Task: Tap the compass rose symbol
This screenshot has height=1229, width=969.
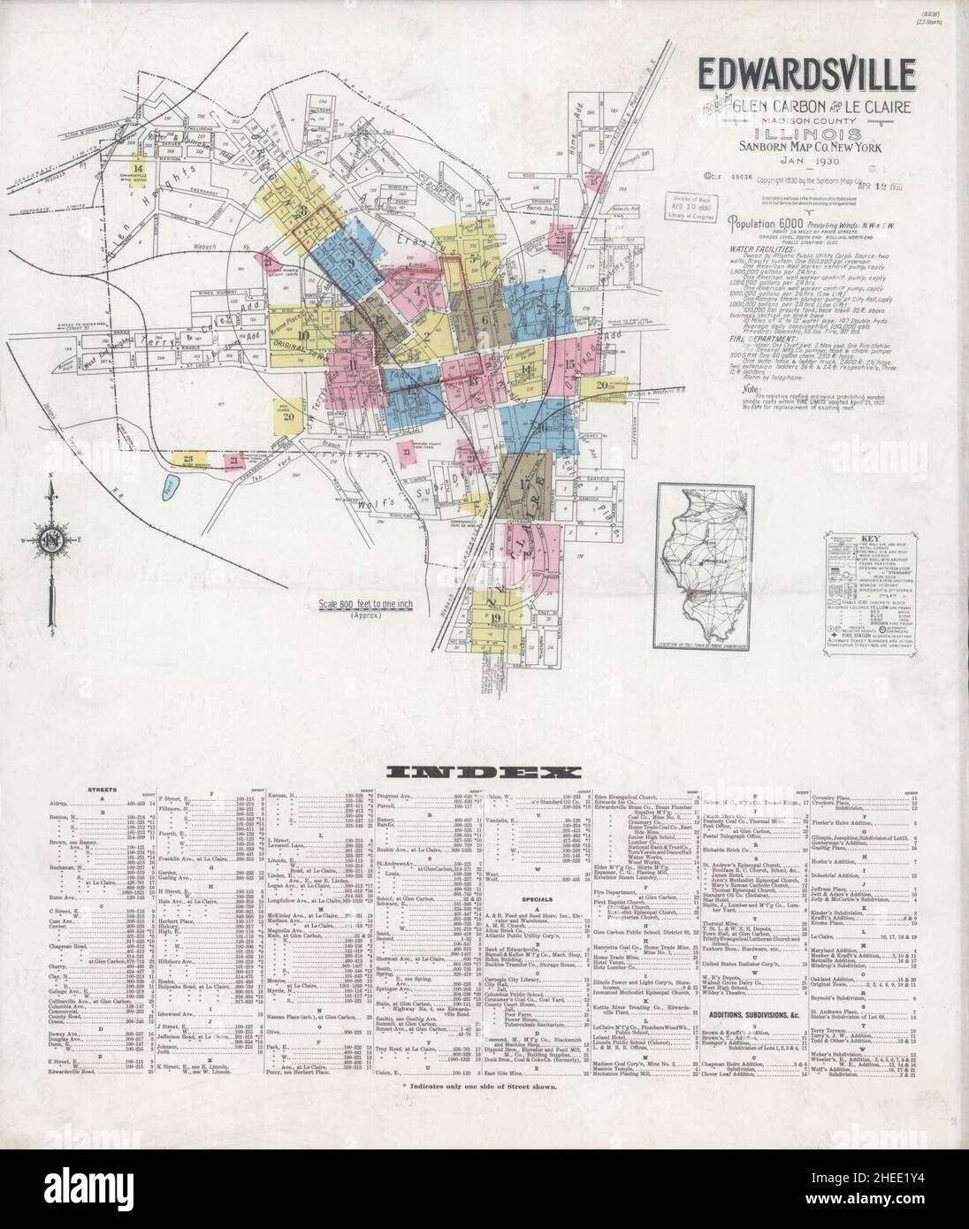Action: point(51,538)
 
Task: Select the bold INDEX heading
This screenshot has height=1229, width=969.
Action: point(484,771)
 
